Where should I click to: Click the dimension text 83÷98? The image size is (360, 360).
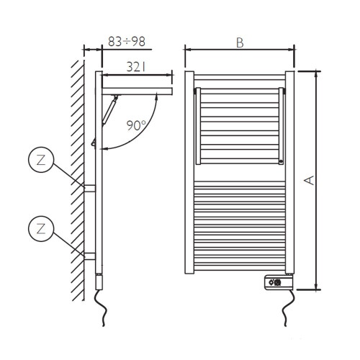[127, 42]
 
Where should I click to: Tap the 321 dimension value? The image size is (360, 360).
[136, 67]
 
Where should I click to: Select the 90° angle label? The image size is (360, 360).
[136, 125]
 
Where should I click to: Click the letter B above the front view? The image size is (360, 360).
[240, 43]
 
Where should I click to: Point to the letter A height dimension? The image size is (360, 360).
[310, 180]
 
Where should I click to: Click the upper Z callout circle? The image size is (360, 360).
[41, 160]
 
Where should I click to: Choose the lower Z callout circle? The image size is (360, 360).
[41, 229]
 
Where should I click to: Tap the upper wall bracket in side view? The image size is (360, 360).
[90, 189]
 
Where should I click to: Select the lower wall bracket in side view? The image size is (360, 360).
[90, 256]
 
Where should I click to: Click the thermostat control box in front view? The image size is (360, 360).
[279, 283]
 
